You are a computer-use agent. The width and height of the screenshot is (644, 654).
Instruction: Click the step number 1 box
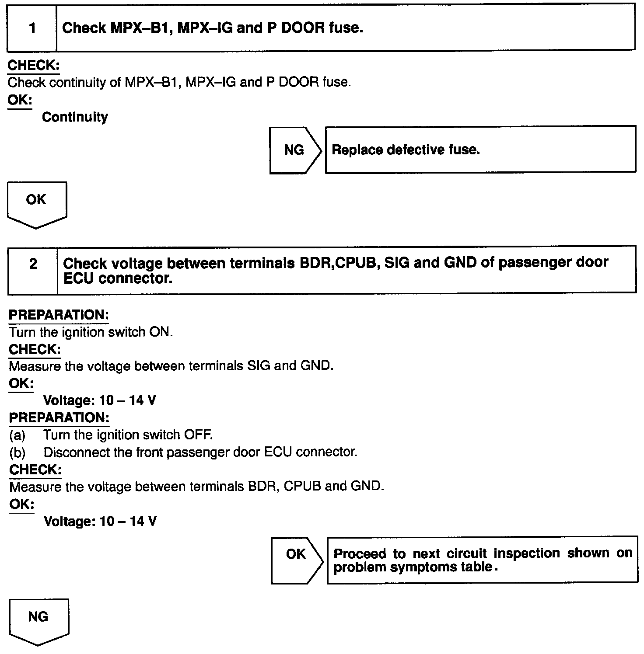click(32, 28)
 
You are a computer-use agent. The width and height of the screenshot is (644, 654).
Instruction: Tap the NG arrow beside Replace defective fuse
click(294, 150)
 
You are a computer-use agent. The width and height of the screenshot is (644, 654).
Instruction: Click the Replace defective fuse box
click(480, 150)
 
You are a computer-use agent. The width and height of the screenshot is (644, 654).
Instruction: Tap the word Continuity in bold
click(75, 117)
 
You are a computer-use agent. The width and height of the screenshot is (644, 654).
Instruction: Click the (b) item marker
click(17, 452)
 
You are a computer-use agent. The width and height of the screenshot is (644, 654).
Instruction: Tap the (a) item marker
click(17, 435)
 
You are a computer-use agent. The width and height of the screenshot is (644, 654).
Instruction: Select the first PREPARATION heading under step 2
click(59, 315)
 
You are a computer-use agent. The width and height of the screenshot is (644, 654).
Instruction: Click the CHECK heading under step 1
click(34, 66)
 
